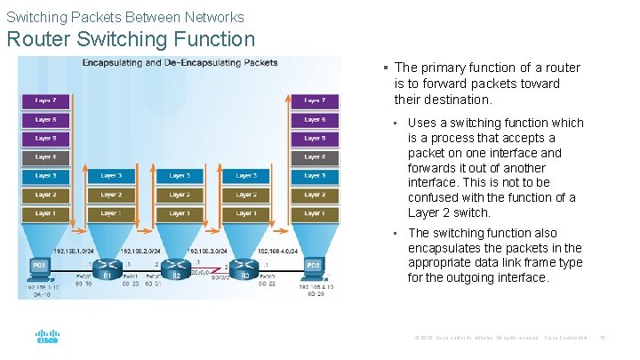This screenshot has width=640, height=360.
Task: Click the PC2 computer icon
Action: [314, 265]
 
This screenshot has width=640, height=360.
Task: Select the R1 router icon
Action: [108, 265]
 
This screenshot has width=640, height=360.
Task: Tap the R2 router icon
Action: [177, 265]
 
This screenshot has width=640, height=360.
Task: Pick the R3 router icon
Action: [246, 265]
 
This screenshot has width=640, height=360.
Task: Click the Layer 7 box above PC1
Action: [44, 100]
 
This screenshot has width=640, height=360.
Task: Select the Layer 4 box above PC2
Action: [315, 156]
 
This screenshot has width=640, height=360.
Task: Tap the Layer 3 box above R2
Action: [179, 176]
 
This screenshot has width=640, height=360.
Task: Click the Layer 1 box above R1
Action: [110, 213]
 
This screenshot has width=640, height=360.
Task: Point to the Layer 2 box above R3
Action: [247, 195]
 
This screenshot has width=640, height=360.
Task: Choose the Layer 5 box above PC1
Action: [44, 138]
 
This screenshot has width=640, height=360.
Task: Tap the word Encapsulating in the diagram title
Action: [116, 63]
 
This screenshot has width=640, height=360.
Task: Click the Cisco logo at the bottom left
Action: [47, 338]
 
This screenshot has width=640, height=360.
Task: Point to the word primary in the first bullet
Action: [442, 68]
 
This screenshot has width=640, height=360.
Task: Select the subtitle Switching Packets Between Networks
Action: [124, 17]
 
